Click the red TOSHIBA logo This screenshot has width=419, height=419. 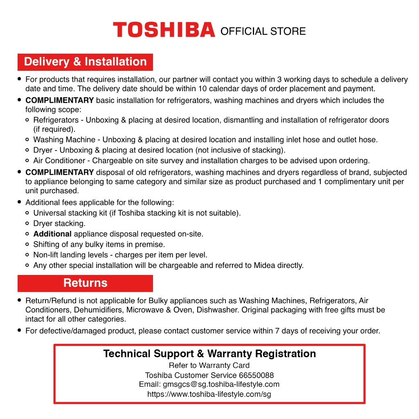(x=164, y=30)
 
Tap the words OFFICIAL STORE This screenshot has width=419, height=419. (x=263, y=32)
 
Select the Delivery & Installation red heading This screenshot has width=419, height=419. (x=85, y=62)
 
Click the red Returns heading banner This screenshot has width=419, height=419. (x=85, y=283)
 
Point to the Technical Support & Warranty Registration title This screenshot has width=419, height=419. (x=209, y=354)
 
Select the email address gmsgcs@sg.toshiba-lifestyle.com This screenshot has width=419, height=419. (x=221, y=385)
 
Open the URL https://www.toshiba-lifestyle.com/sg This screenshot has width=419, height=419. (x=209, y=394)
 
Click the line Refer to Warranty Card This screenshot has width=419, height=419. (x=209, y=365)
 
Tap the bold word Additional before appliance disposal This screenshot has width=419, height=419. (x=52, y=234)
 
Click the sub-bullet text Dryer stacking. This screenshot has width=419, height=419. (x=59, y=223)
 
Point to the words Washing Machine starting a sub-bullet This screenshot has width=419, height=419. (x=64, y=140)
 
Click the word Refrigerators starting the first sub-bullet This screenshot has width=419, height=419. (x=56, y=120)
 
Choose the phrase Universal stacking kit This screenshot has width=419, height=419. (x=70, y=213)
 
